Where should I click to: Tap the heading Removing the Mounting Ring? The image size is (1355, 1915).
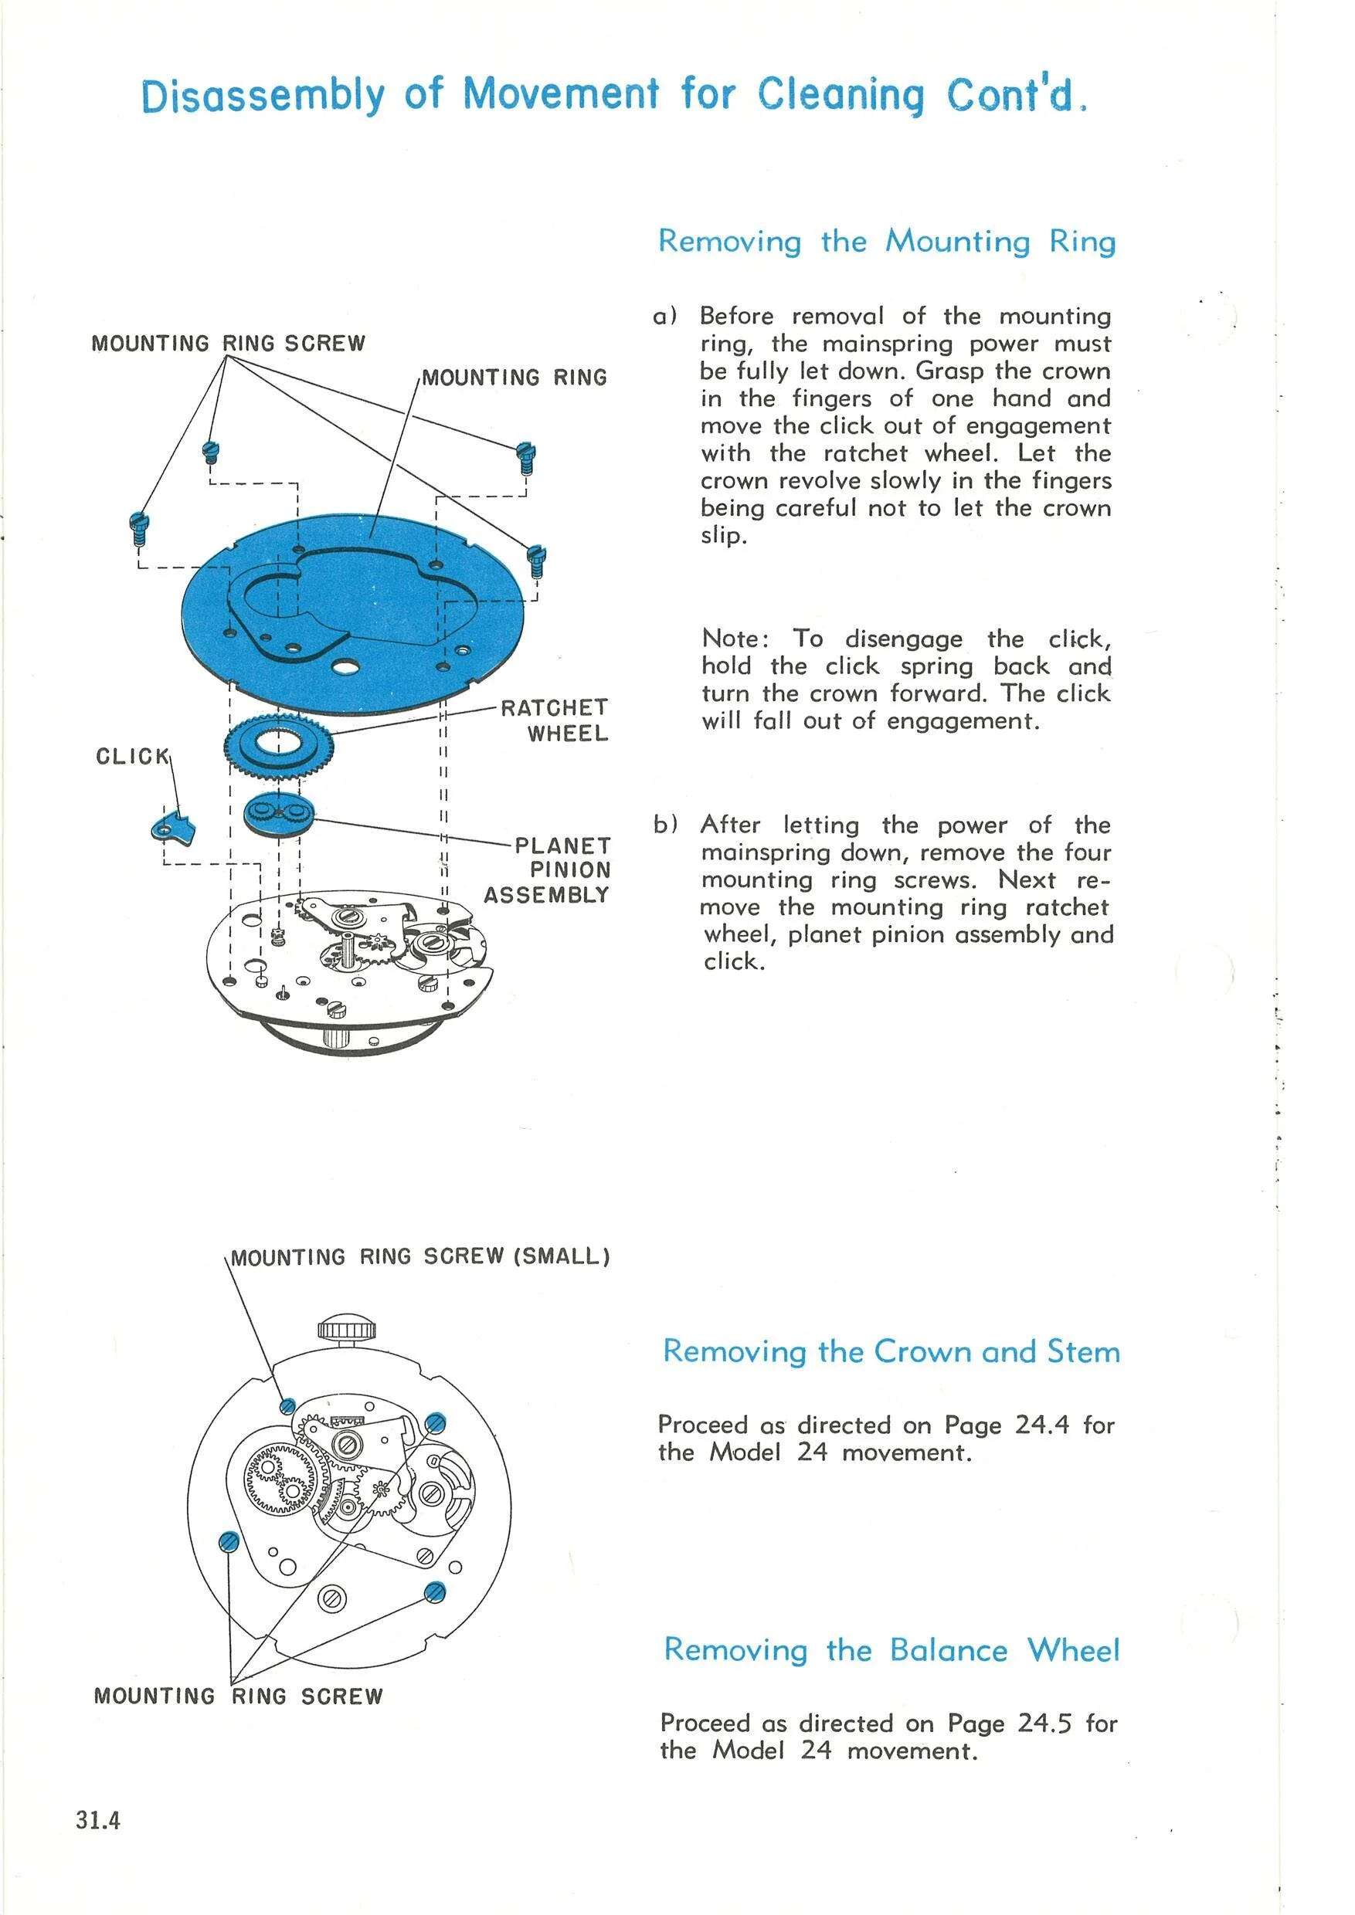point(886,242)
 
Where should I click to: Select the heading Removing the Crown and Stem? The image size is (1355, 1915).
point(890,1351)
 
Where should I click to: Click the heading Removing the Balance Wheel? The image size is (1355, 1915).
point(891,1650)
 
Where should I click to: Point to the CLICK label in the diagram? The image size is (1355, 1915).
point(132,757)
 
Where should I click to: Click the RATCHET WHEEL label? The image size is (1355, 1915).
point(555,720)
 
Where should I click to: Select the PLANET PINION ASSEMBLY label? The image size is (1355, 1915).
point(549,870)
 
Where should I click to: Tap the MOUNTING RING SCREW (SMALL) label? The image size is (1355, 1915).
point(420,1257)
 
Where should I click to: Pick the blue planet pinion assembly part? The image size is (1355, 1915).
point(279,813)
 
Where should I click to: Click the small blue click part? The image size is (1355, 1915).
point(174,826)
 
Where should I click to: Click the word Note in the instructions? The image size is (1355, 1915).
point(731,639)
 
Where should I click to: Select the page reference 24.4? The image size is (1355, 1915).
point(1041,1425)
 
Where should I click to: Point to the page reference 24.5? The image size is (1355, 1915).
point(1044,1723)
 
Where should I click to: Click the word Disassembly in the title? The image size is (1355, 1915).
point(263,95)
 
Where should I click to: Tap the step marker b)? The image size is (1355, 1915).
point(665,825)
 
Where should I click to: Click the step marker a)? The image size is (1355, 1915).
point(665,316)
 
